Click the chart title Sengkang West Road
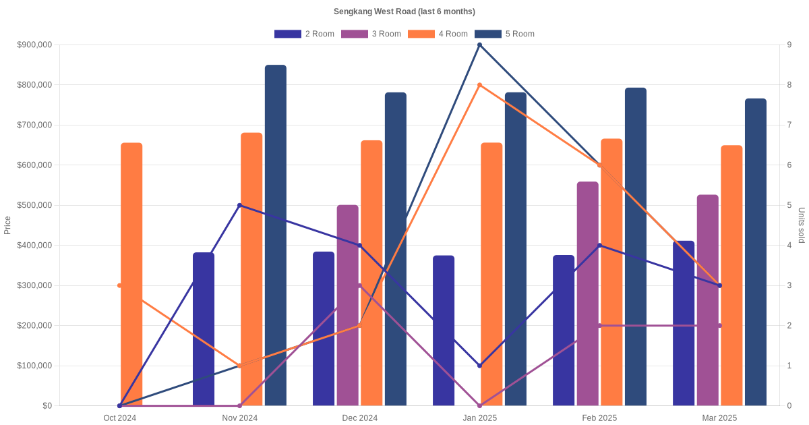[x=404, y=11]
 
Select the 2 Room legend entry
[x=304, y=34]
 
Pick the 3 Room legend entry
[x=371, y=34]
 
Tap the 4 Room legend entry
[x=438, y=34]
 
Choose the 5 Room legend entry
[x=504, y=34]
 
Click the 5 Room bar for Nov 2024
[x=276, y=235]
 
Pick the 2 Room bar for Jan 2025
[x=444, y=331]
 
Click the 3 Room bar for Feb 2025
[x=587, y=293]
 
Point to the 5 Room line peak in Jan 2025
[x=479, y=45]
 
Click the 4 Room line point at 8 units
[x=479, y=85]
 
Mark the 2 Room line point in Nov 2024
[x=239, y=205]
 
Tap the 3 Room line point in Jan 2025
[x=479, y=405]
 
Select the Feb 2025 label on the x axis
[x=599, y=418]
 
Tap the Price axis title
[x=7, y=225]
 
